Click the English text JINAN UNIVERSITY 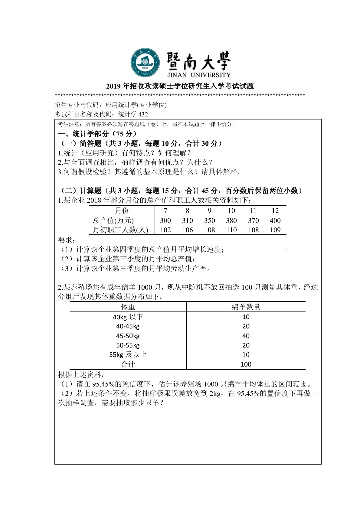[198, 75]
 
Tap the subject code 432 [143, 114]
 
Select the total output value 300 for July [165, 220]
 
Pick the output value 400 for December [275, 220]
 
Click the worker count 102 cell [165, 230]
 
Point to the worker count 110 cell [231, 230]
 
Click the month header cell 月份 [122, 210]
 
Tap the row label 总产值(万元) [113, 220]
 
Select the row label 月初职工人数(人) [120, 230]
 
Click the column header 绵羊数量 [246, 307]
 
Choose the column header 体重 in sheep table [128, 307]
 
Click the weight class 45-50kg [128, 336]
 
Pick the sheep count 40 [246, 336]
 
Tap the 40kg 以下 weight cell [128, 317]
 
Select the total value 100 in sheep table [246, 364]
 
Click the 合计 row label [128, 364]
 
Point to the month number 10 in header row [231, 210]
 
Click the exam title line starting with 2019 [180, 86]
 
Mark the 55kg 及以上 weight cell [128, 354]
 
